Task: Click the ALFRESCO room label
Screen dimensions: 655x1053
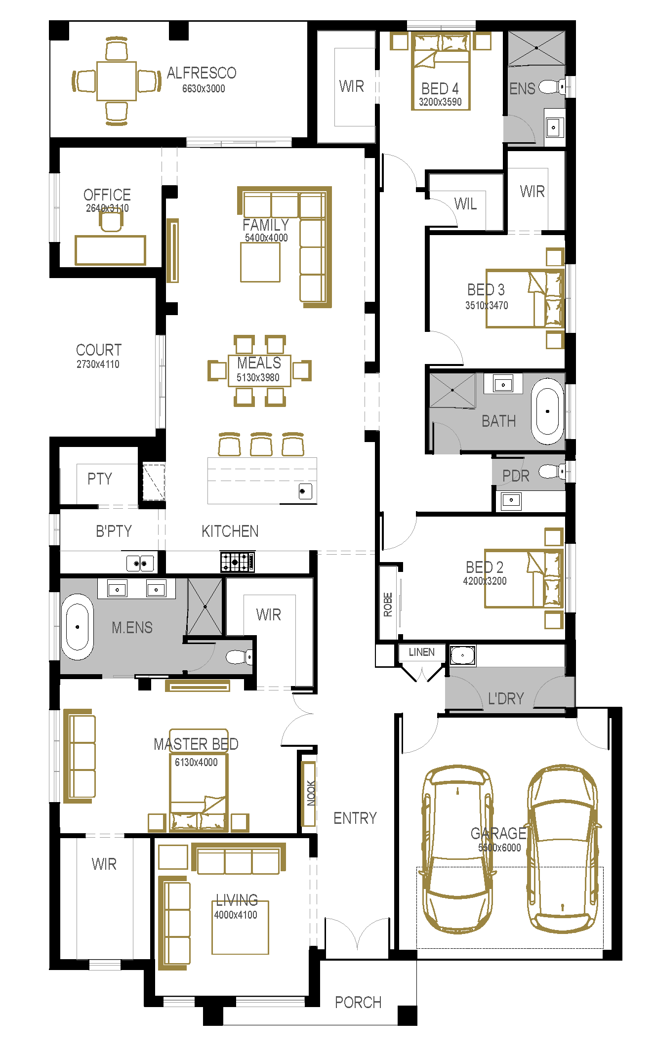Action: coord(202,73)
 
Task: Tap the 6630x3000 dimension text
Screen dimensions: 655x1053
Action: coord(204,89)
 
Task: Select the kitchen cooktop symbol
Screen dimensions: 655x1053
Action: coord(238,562)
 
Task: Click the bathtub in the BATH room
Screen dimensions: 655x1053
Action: coord(547,411)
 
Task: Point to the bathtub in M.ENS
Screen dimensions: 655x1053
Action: coord(77,627)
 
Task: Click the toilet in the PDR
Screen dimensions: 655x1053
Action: coord(552,471)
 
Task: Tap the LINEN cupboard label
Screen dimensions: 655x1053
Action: coord(421,652)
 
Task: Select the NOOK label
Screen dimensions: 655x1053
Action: coord(311,793)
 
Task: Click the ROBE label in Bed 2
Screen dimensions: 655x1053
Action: coord(388,605)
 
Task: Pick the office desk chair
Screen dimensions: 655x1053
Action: coord(111,220)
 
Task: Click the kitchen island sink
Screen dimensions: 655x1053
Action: coord(305,491)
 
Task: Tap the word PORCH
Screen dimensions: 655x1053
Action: coord(358,1002)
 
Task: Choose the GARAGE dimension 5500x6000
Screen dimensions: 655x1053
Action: coord(499,848)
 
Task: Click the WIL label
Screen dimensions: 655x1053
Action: coord(465,203)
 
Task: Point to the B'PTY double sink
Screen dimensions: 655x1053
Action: coord(140,563)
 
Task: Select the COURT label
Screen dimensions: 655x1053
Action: coord(99,350)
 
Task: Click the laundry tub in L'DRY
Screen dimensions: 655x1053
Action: coord(463,655)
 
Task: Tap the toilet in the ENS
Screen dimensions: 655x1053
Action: coord(552,87)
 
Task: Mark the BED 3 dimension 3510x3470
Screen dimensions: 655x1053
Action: coord(487,305)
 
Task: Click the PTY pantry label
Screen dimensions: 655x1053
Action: coord(100,478)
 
